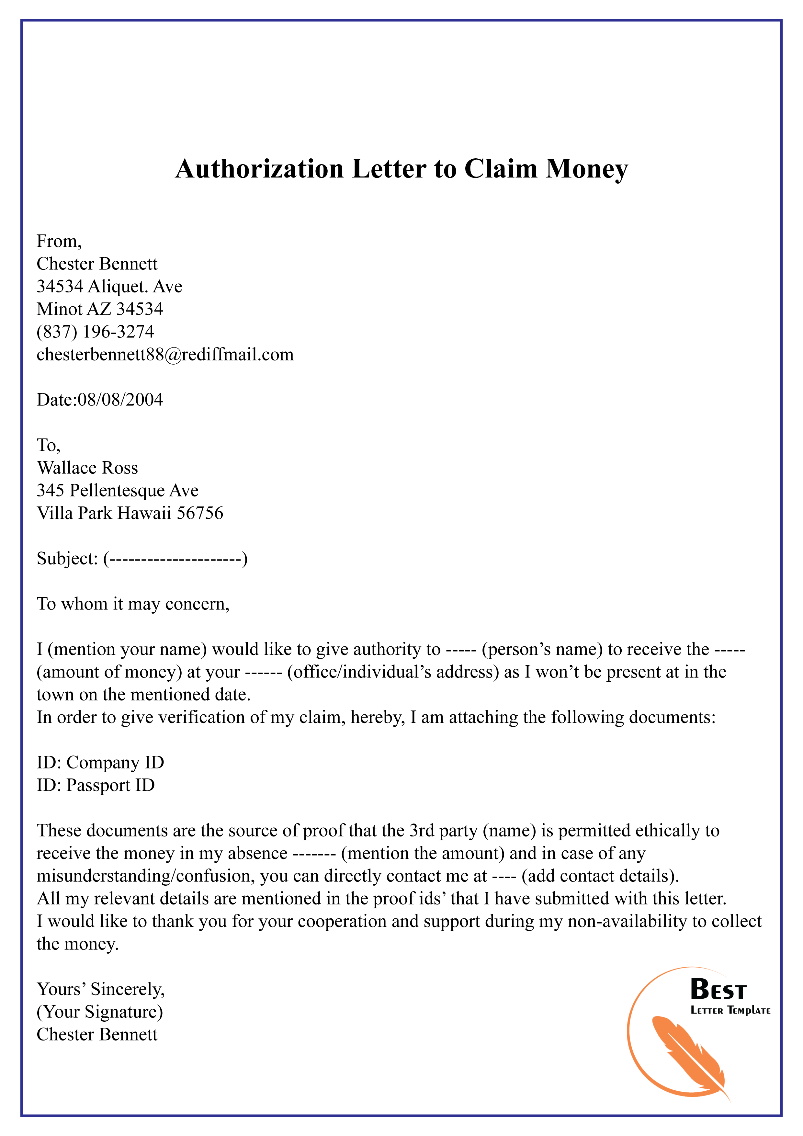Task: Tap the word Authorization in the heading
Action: click(x=259, y=169)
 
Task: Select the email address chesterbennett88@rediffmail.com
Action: click(x=165, y=354)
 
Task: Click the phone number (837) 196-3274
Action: click(x=96, y=332)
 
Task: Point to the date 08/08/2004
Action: click(x=120, y=400)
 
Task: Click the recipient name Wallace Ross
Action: click(x=87, y=468)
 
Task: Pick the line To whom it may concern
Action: click(x=133, y=604)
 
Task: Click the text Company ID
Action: click(x=115, y=762)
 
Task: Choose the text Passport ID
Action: click(x=110, y=785)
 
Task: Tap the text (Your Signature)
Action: click(x=99, y=1012)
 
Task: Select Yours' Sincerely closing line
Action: click(x=100, y=989)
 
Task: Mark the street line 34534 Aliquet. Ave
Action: click(x=109, y=287)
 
